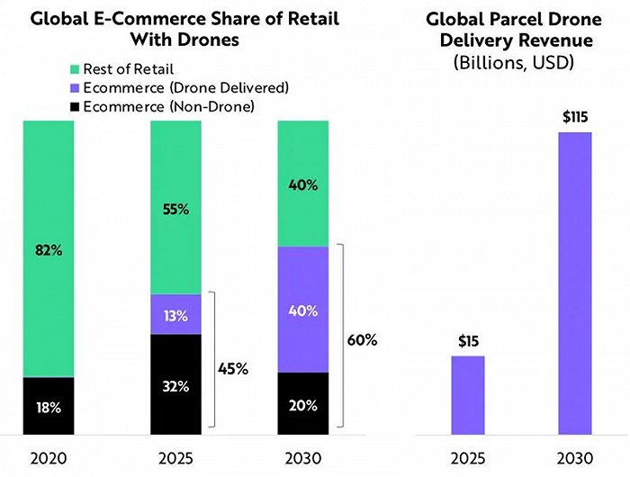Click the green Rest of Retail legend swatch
74,68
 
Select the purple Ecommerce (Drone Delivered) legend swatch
74,88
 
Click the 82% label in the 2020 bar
49,249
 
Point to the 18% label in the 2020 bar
49,407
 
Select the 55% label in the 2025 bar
175,208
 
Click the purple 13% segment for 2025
175,315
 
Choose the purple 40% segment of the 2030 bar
303,310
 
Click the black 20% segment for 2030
303,403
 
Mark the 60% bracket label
361,340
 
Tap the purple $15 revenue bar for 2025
468,394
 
